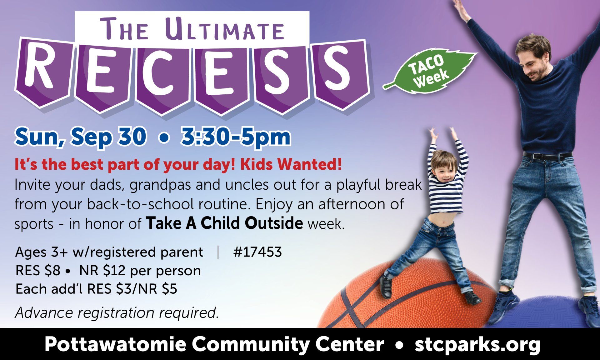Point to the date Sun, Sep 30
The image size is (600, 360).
(x=80, y=137)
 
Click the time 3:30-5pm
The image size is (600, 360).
(x=236, y=137)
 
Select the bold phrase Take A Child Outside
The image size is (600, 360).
(x=224, y=223)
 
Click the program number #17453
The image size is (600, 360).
(x=257, y=252)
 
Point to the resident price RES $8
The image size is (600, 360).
(x=38, y=271)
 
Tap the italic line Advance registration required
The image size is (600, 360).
(x=117, y=312)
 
